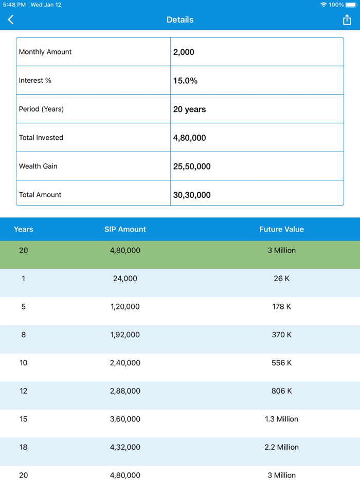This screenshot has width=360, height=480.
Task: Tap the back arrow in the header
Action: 11,20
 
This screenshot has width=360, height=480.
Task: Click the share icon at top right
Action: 347,20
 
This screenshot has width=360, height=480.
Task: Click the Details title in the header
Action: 180,20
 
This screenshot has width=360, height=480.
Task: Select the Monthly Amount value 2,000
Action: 184,52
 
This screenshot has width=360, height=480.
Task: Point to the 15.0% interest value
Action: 185,81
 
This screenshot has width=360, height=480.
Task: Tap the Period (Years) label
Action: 41,109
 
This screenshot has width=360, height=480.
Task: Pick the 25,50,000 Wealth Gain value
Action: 192,167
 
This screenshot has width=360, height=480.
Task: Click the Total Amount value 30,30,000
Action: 192,195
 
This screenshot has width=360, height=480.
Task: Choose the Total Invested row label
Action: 41,138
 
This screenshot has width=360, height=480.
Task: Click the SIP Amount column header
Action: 125,229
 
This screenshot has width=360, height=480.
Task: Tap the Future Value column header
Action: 281,229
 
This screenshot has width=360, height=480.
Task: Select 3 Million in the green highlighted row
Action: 281,250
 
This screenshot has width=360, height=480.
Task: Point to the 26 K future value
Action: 281,279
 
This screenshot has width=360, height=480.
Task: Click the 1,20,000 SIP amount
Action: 125,307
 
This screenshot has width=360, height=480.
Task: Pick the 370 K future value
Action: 281,335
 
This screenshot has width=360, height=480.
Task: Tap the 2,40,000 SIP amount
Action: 125,363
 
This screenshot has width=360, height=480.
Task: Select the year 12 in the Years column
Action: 24,391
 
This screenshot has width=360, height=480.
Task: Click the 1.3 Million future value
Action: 281,419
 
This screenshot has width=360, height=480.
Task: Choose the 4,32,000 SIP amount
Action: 125,447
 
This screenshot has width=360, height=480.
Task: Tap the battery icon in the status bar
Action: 351,5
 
